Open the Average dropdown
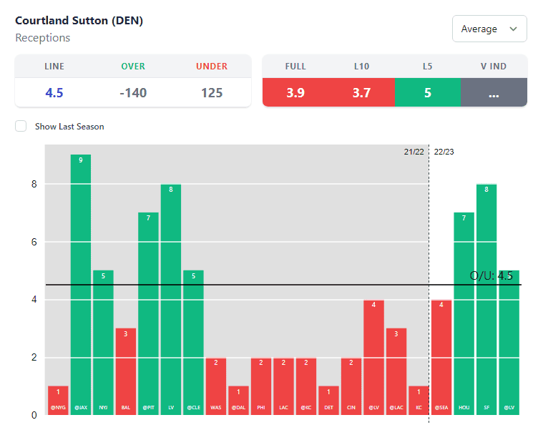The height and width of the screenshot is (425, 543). [489, 29]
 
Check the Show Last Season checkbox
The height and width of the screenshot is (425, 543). [21, 127]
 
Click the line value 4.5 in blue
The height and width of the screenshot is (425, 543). [54, 92]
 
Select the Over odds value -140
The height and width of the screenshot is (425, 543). [133, 92]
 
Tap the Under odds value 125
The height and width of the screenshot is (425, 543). [212, 92]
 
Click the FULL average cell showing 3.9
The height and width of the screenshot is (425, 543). [295, 92]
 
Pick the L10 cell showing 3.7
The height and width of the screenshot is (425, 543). [361, 92]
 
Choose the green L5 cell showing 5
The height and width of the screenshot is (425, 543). [427, 92]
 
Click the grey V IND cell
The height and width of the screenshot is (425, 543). [494, 92]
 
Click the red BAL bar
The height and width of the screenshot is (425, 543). [126, 371]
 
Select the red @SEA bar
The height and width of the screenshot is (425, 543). [441, 357]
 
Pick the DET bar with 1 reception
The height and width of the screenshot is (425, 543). [328, 400]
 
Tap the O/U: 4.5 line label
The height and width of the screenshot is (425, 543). [491, 276]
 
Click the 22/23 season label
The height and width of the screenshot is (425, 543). [444, 152]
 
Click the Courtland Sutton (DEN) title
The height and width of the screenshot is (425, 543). [79, 21]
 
